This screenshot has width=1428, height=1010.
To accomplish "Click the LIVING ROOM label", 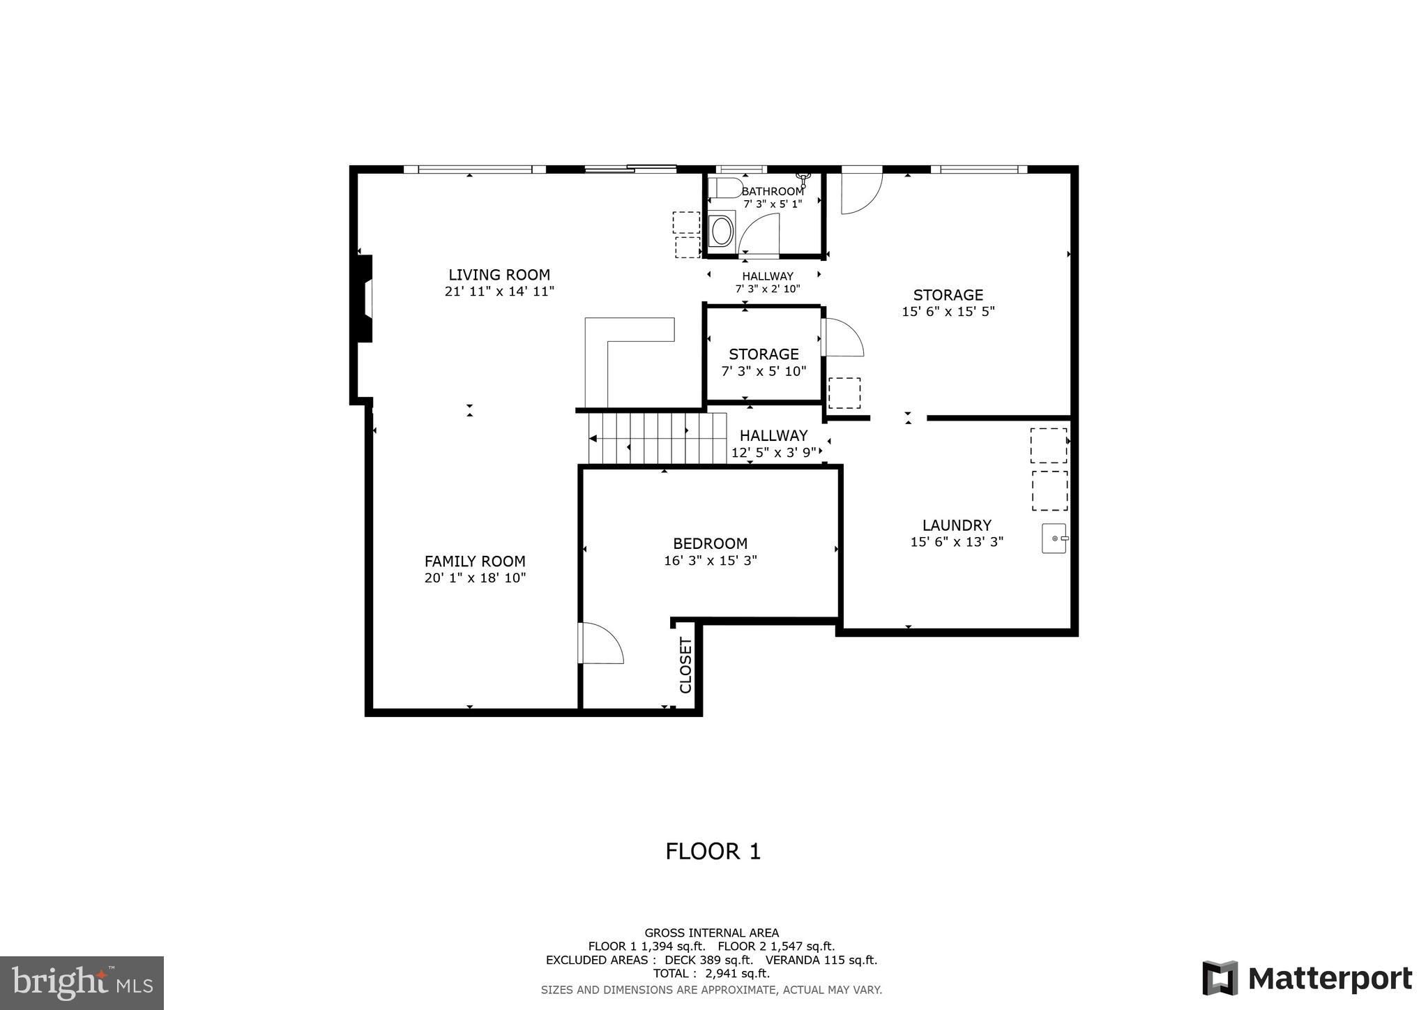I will (x=499, y=275).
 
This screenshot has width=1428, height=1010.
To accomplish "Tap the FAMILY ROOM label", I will (x=475, y=561).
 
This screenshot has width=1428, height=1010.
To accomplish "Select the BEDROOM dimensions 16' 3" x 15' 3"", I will (x=711, y=560).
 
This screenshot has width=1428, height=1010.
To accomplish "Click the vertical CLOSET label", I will (x=685, y=665).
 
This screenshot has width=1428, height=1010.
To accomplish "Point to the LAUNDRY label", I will (x=957, y=525).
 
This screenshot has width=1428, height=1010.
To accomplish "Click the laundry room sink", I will (x=1054, y=538).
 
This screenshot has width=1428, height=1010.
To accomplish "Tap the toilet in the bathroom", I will (x=723, y=188).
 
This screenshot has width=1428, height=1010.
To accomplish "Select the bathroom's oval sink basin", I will (x=721, y=229).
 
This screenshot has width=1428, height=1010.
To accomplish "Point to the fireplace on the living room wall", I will (x=364, y=299).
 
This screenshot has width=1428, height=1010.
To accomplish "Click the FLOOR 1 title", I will (x=713, y=852).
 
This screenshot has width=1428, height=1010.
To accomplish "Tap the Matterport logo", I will (x=1307, y=979).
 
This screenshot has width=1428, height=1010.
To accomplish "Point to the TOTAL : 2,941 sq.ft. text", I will (x=711, y=973).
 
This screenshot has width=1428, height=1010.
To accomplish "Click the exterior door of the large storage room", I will (x=861, y=192).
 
